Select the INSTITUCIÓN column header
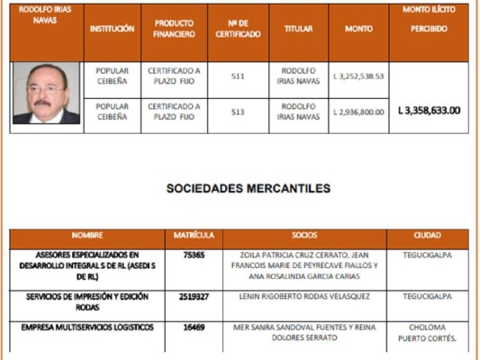click(x=112, y=29)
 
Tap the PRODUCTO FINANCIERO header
click(x=174, y=29)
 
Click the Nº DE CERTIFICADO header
click(x=239, y=29)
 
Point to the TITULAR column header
click(x=298, y=29)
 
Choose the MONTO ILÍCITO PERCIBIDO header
click(x=429, y=19)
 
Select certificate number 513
click(x=239, y=112)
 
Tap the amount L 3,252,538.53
click(x=358, y=76)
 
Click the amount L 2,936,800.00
click(x=358, y=112)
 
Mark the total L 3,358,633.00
click(x=429, y=111)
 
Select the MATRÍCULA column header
click(x=194, y=236)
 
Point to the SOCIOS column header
click(x=304, y=236)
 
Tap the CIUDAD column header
click(x=427, y=236)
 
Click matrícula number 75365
click(x=194, y=255)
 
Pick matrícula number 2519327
click(x=194, y=295)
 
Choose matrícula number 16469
click(x=194, y=327)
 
